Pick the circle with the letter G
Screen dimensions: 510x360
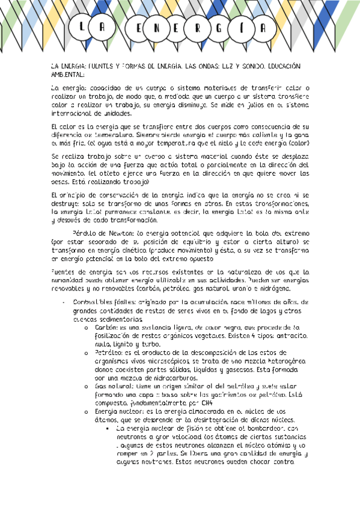(237, 28)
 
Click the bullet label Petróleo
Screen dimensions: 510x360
(109, 351)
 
